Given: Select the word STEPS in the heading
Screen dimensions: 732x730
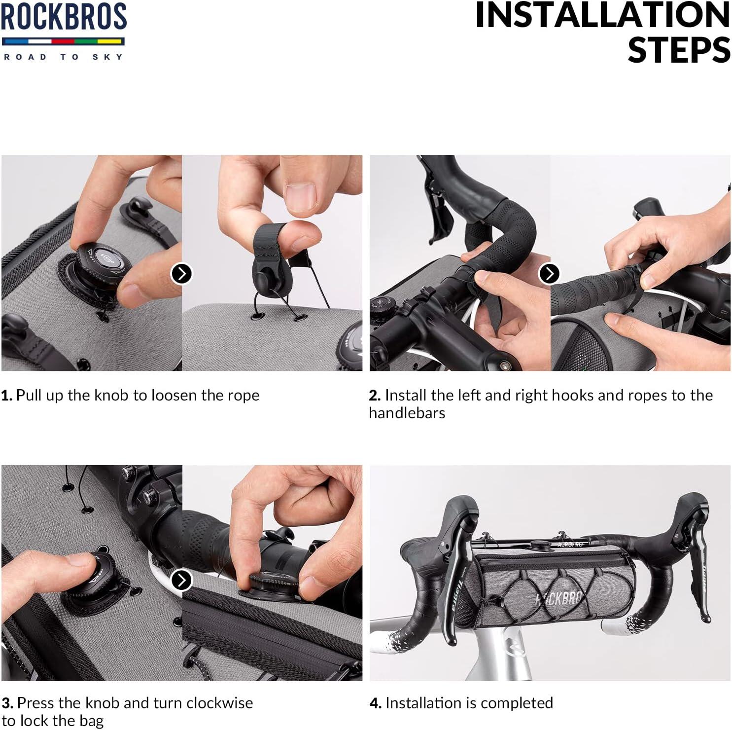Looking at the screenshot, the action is click(x=679, y=50).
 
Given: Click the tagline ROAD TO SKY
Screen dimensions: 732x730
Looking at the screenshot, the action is click(x=64, y=57).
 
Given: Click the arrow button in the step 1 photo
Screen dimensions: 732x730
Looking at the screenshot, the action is click(x=181, y=273).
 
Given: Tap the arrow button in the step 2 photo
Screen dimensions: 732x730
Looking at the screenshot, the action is click(x=550, y=273).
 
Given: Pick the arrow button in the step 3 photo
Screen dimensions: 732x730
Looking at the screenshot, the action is click(x=181, y=580).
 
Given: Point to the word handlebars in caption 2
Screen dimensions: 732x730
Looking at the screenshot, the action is click(x=407, y=413).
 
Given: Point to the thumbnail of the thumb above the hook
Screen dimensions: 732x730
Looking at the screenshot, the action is click(x=300, y=197).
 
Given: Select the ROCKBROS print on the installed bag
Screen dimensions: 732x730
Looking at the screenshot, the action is click(x=558, y=598).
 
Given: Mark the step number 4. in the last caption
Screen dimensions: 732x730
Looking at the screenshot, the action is click(x=376, y=703).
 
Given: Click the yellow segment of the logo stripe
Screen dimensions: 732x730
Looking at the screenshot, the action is click(x=110, y=41).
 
